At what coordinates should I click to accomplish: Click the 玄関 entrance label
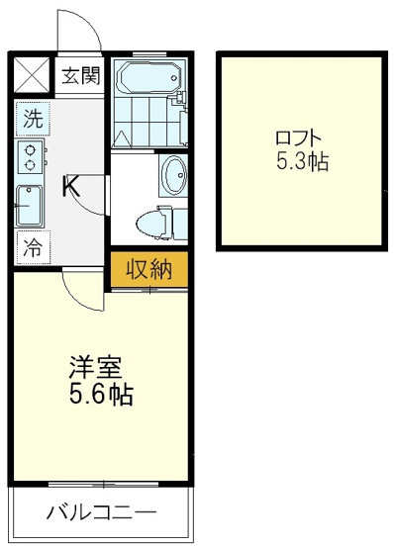pos(81,75)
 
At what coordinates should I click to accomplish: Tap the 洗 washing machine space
pos(33,119)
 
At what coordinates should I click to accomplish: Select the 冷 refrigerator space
pos(33,247)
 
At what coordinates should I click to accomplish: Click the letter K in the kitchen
pos(71,186)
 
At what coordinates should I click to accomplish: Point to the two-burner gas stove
pos(31,156)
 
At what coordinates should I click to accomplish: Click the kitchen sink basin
pos(30,206)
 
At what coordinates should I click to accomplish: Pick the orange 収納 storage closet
pos(149,270)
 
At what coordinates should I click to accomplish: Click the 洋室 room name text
pos(95,367)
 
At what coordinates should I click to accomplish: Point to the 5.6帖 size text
pos(101,395)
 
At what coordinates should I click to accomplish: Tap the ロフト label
pos(298,138)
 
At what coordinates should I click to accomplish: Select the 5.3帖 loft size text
pos(302,162)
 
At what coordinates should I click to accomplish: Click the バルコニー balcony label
pos(101,513)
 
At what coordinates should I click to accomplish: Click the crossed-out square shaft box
pos(32,75)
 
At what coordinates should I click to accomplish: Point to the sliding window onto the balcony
pos(103,485)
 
